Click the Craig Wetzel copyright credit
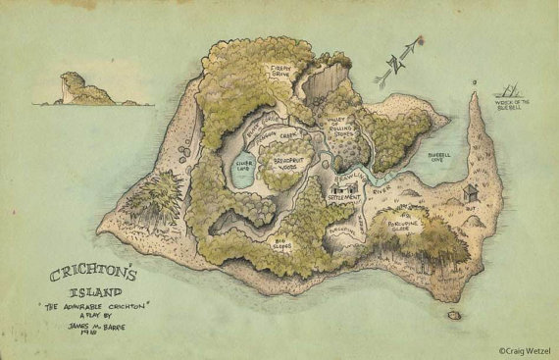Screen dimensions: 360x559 (x=524, y=347)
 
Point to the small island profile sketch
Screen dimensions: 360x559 (x=87, y=89)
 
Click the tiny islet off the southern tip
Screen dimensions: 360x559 (x=454, y=316)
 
